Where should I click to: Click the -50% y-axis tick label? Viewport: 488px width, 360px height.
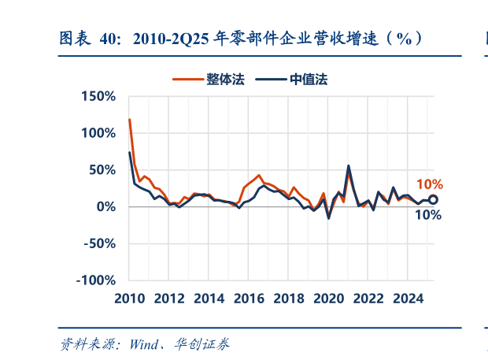pos(100,243)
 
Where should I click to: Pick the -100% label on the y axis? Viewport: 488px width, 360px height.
pos(96,280)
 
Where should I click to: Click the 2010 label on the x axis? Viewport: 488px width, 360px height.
pos(128,299)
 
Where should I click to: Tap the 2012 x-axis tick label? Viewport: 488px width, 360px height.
pos(168,299)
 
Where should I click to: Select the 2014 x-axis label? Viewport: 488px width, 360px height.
pos(209,299)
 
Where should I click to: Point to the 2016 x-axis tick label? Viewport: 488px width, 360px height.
pos(249,299)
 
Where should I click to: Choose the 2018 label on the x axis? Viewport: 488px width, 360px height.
pos(289,299)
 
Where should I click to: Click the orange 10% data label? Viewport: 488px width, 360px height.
pos(430,184)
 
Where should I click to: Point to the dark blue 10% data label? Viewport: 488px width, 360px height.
pos(427,214)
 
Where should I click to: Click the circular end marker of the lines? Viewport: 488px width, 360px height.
pos(433,199)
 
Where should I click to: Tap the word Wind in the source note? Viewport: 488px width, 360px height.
pos(143,344)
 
